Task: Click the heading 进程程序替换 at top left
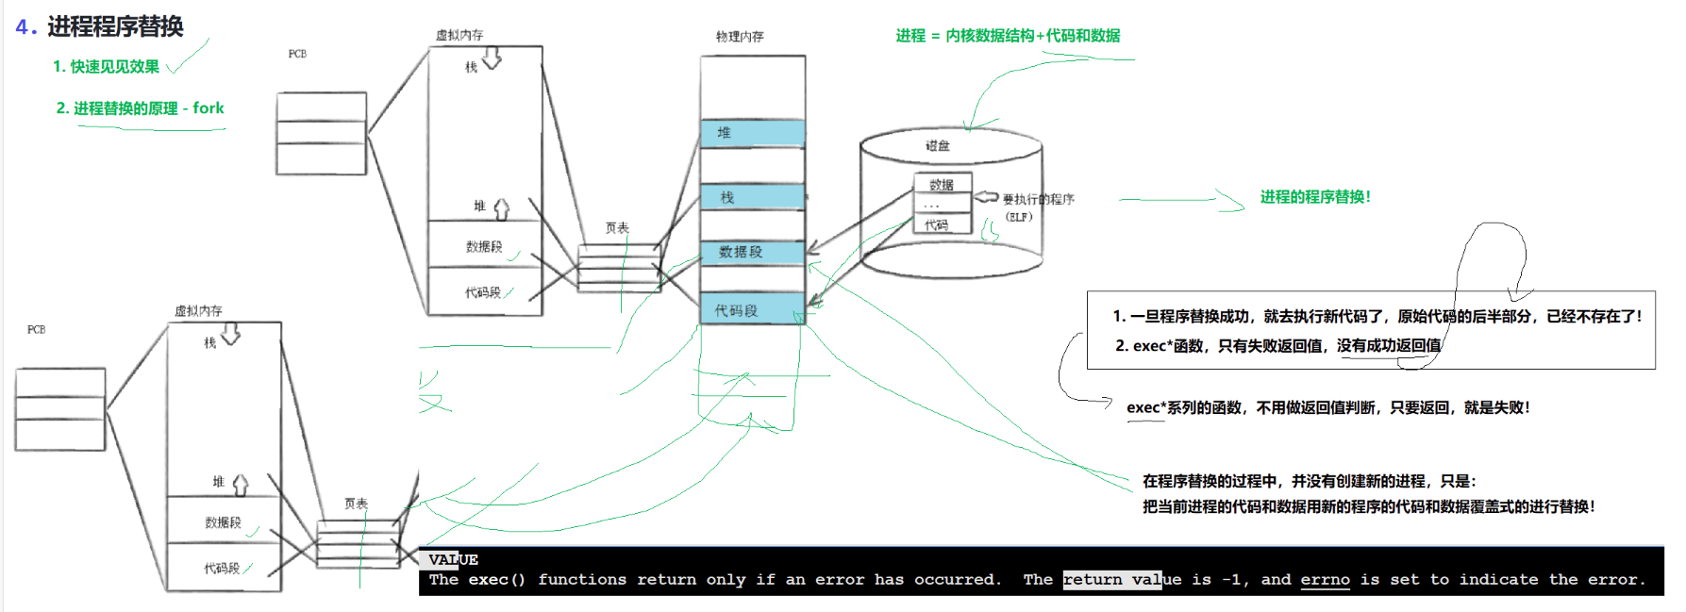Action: (115, 26)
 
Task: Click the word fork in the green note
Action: (209, 108)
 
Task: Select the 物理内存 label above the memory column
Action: (740, 37)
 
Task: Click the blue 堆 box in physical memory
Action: (752, 133)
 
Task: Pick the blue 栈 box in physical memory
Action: (752, 197)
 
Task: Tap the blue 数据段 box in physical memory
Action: (752, 252)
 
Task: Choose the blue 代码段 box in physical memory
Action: (752, 310)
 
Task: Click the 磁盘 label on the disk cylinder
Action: (938, 146)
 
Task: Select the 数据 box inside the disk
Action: (942, 185)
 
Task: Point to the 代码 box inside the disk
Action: (937, 225)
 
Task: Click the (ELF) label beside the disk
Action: (1019, 217)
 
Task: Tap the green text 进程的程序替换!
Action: (1315, 197)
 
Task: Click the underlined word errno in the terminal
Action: (1325, 580)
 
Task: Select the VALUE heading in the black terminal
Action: (453, 560)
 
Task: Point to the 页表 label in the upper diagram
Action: (617, 228)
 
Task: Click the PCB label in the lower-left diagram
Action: (36, 330)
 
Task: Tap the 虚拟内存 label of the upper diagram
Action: (459, 36)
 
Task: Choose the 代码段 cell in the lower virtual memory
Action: (223, 569)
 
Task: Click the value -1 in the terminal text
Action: (1231, 580)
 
